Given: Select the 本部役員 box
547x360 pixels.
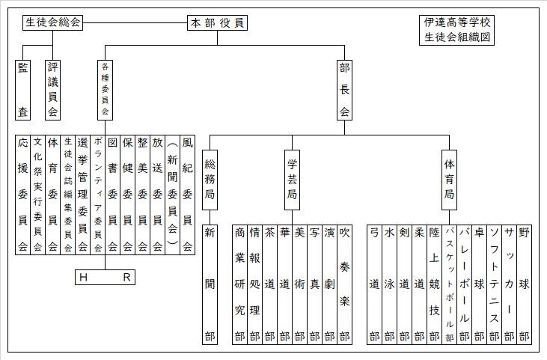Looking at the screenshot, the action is (x=218, y=23).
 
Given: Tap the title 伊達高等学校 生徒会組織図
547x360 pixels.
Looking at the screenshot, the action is (x=458, y=30).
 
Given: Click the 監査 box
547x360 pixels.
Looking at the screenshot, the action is (x=23, y=89).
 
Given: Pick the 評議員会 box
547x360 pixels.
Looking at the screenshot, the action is (x=52, y=89).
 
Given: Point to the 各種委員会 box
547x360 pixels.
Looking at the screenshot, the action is (x=105, y=89).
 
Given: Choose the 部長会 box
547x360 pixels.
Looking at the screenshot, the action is (x=344, y=89).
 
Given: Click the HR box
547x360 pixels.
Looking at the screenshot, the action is (x=106, y=278).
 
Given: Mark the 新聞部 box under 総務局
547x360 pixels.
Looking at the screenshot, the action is (x=210, y=284).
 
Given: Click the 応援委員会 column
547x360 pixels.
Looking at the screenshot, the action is (x=22, y=195).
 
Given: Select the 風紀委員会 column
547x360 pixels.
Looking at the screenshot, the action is (x=187, y=195).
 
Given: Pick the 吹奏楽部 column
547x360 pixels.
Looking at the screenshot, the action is (x=344, y=284).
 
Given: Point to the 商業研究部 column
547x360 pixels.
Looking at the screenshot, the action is (x=239, y=284).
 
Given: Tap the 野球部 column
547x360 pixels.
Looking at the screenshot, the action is (x=524, y=284).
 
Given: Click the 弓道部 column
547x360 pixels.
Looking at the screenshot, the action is (x=374, y=284).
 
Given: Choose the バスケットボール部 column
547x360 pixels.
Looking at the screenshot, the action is (x=449, y=284).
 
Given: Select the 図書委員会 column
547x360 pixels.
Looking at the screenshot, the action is (x=112, y=195).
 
